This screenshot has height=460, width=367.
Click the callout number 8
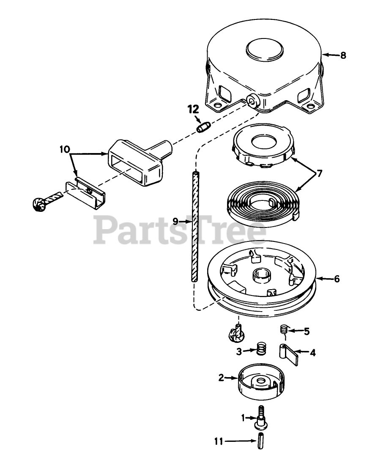point(342,55)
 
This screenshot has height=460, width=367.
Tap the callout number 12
point(193,110)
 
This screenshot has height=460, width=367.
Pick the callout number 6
point(337,279)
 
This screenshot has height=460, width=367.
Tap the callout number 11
point(218,441)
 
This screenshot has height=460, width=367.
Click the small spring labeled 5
point(285,329)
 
